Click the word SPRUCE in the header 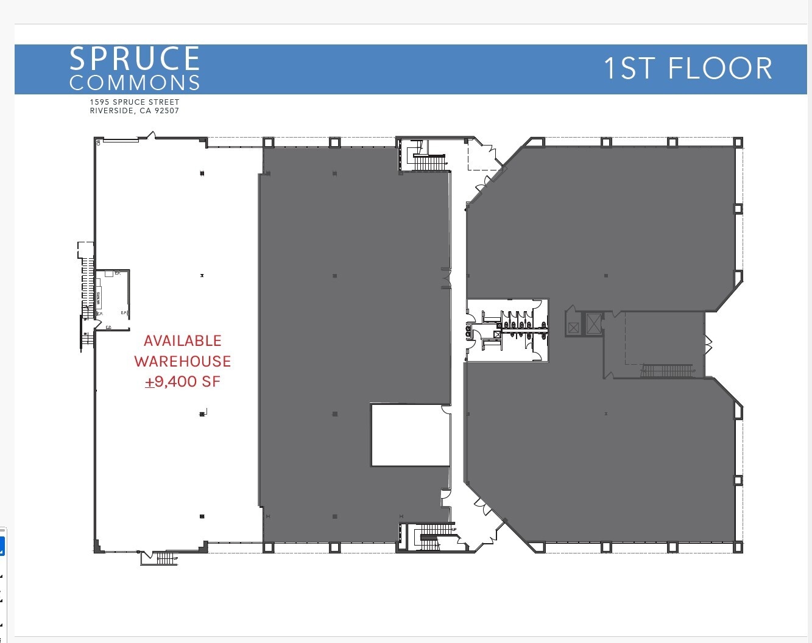tap(135, 59)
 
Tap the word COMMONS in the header tap(135, 83)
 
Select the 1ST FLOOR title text tap(688, 68)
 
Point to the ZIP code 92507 tap(167, 111)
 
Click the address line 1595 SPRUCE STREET tap(135, 102)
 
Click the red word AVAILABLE tap(183, 341)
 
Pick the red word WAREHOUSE tap(183, 361)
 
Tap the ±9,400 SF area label tap(183, 382)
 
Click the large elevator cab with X tap(593, 323)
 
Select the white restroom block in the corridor tap(507, 330)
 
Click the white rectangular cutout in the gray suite tap(411, 435)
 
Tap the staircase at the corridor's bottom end tap(434, 536)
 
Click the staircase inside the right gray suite tap(666, 370)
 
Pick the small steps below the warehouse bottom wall tap(165, 558)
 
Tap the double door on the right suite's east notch tap(708, 345)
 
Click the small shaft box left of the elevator tap(573, 328)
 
